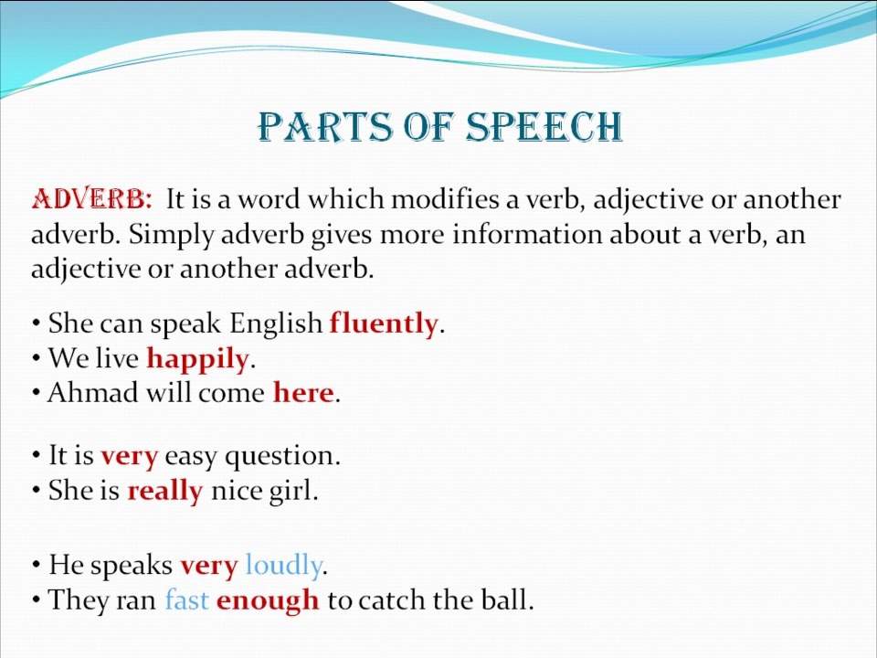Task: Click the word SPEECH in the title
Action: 544,128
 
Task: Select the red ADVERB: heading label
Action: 91,199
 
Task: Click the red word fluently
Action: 384,324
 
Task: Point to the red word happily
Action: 197,359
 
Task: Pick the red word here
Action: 303,393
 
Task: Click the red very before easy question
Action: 130,456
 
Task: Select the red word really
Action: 164,492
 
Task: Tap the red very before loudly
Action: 209,566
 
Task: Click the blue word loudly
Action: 283,567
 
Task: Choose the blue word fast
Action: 187,600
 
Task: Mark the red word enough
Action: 268,601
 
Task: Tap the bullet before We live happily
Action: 36,359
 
